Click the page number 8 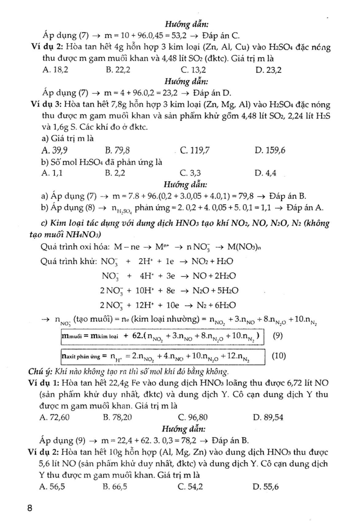point(30,508)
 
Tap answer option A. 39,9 point(55,150)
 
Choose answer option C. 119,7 point(195,150)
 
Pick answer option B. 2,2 point(115,173)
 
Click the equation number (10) point(279,356)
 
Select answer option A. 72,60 point(55,417)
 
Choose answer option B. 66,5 point(115,487)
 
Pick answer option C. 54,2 point(190,487)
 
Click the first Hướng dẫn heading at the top point(187,24)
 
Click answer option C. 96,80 point(193,417)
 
